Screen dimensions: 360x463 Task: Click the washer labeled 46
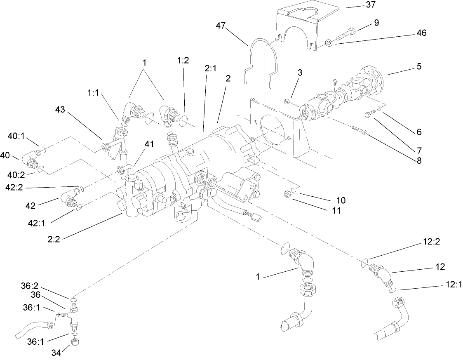pyautogui.click(x=329, y=42)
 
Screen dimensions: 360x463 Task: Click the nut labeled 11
pyautogui.click(x=288, y=193)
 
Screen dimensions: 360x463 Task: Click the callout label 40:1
pyautogui.click(x=17, y=136)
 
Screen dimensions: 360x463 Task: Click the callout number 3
pyautogui.click(x=300, y=73)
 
